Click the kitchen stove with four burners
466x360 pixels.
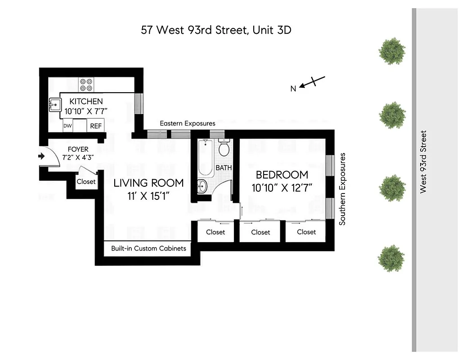pyautogui.click(x=85, y=85)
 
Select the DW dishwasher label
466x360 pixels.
pyautogui.click(x=67, y=126)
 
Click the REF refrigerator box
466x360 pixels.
pyautogui.click(x=96, y=126)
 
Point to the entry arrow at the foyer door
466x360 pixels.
pyautogui.click(x=41, y=156)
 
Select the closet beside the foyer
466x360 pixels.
pyautogui.click(x=86, y=182)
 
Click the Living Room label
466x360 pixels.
pyautogui.click(x=148, y=183)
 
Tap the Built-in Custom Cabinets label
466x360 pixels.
pyautogui.click(x=148, y=248)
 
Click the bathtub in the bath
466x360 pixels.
pyautogui.click(x=206, y=158)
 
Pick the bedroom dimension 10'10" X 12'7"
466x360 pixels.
pyautogui.click(x=282, y=188)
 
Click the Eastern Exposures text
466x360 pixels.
pyautogui.click(x=188, y=123)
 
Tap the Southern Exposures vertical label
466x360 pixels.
pyautogui.click(x=343, y=189)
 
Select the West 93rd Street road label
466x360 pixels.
pyautogui.click(x=422, y=162)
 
